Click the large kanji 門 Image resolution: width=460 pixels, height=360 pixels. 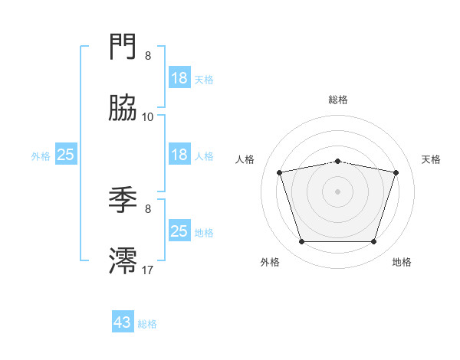coord(123,47)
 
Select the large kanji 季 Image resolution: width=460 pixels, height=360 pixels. coord(123,201)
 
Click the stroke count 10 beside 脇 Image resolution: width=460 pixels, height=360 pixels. coord(148,116)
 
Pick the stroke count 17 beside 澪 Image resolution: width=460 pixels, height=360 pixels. coord(148,270)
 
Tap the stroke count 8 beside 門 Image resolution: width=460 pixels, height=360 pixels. coord(148,56)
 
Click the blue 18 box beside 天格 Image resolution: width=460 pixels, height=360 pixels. coord(179,78)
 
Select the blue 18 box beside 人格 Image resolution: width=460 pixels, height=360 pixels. coord(179,155)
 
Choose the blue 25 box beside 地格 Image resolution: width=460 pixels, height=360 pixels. coord(179,231)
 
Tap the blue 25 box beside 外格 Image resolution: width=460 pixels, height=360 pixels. coord(66,155)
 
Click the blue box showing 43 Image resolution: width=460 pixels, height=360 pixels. coord(123,322)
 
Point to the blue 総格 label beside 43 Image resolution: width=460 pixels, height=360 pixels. coord(148,324)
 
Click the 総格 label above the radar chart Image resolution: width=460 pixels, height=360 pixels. coord(338,100)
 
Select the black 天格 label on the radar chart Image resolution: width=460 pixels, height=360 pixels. coord(432,159)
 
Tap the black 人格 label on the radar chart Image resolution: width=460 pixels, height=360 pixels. coord(245,159)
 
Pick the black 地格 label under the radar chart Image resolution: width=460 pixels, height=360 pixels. coord(402,263)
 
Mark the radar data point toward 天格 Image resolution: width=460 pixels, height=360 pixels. coord(396,172)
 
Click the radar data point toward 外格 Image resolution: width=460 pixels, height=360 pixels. coord(301,242)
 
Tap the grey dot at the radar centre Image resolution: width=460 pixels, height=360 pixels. coord(338,191)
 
